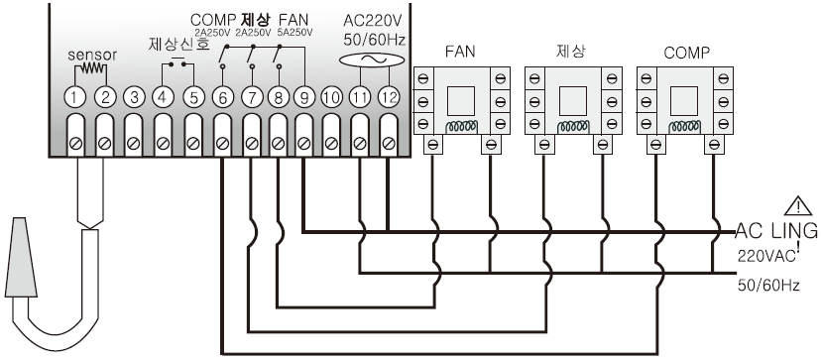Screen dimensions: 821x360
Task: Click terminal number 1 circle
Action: [75, 97]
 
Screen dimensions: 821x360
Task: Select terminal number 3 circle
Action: [134, 97]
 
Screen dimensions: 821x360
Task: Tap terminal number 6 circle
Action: [223, 97]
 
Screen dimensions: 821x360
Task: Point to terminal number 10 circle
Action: [331, 97]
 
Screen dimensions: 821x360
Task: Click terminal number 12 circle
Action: [389, 97]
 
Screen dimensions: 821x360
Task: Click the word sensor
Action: [92, 55]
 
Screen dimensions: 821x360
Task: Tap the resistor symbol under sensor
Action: [90, 69]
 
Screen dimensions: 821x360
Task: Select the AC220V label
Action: [372, 22]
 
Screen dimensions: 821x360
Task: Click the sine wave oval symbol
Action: [372, 60]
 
